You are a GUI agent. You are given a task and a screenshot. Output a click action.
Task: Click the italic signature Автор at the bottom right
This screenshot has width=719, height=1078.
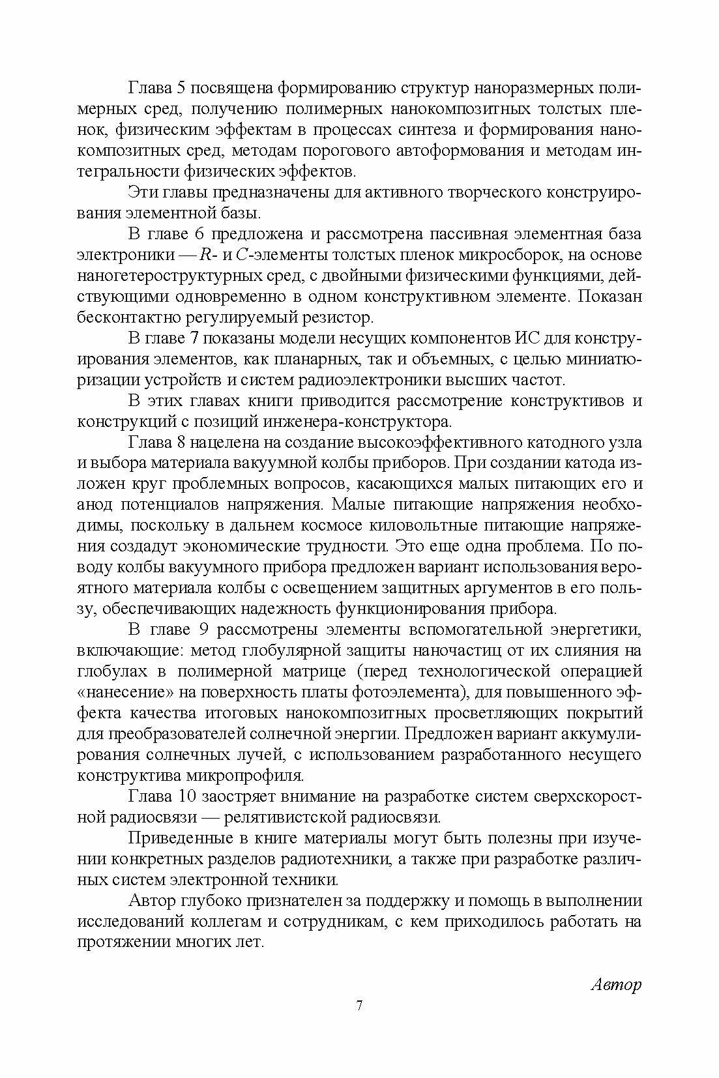[615, 983]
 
